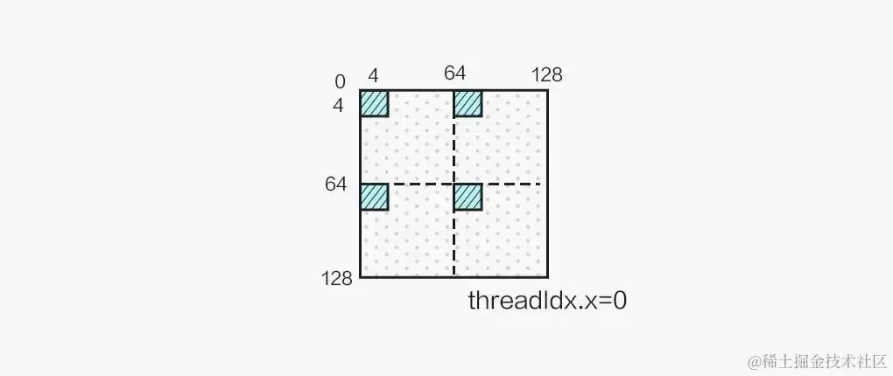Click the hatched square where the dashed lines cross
(468, 197)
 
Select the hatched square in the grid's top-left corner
(374, 103)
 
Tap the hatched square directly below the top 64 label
(468, 103)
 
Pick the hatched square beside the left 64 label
(374, 197)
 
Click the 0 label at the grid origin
(340, 83)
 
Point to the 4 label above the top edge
(373, 76)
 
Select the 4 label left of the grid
(338, 106)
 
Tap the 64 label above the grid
(454, 73)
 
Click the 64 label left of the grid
(334, 185)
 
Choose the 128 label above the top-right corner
(546, 75)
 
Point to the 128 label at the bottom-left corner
(336, 279)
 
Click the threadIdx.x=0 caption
(547, 302)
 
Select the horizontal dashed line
(508, 184)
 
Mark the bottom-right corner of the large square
(547, 276)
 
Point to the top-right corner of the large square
(547, 90)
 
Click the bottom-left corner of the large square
(361, 276)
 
